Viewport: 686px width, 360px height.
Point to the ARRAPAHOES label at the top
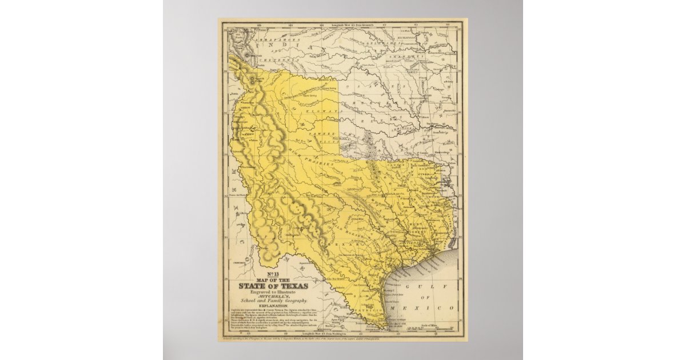click(x=280, y=34)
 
